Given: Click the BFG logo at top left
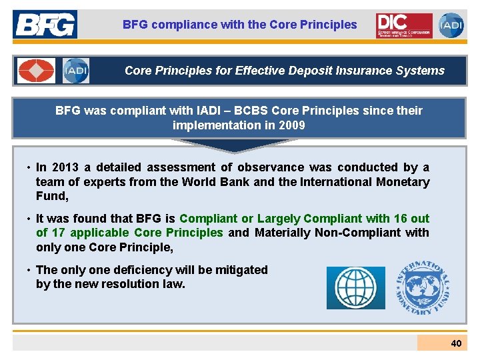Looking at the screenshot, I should [x=45, y=25].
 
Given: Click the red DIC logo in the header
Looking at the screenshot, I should [x=403, y=25].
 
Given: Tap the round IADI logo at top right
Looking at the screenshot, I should [x=451, y=25].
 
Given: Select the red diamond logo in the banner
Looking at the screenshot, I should [x=37, y=71].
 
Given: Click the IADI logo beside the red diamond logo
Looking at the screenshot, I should [x=76, y=71].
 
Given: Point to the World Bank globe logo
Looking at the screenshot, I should [x=356, y=287].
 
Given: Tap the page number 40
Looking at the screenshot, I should [x=456, y=343].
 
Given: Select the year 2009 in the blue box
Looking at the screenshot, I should [x=293, y=125].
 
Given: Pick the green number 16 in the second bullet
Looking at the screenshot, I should [x=400, y=219].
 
